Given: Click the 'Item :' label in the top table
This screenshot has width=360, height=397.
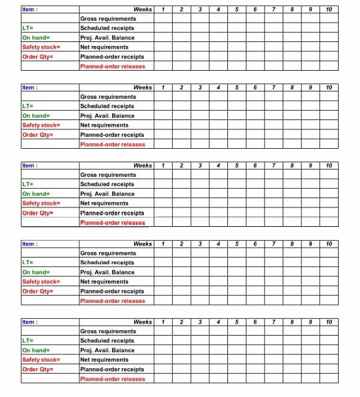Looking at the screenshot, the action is (30, 9).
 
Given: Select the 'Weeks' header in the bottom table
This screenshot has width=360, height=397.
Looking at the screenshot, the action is (143, 322).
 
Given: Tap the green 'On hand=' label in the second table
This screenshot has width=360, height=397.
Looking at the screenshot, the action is (36, 116).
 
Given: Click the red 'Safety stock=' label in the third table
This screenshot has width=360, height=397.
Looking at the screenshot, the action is (41, 204).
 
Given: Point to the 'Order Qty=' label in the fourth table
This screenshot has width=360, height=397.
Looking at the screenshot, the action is (37, 292).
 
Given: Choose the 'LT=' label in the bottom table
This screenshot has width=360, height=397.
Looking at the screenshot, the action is (28, 341).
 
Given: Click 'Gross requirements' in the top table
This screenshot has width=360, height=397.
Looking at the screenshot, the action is (108, 19).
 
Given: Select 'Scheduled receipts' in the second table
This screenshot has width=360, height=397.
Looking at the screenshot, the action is (107, 106).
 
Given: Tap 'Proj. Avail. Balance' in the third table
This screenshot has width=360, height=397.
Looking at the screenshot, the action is (107, 194).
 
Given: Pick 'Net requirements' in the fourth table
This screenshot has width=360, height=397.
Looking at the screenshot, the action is (105, 282).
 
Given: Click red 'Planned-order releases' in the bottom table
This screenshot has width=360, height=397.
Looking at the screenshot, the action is (113, 379).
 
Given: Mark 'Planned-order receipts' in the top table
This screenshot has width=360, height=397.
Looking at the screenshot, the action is (112, 57).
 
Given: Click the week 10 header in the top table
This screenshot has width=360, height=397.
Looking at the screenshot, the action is (329, 9).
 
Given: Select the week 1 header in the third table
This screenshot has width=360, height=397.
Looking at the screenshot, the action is (163, 165).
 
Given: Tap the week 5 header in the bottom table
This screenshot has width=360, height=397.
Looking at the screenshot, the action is (237, 322).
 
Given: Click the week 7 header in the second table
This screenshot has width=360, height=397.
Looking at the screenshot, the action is (274, 87).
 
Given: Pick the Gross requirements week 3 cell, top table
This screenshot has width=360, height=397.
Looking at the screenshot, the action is (200, 19).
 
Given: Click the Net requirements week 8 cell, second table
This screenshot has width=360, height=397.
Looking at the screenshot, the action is (292, 125).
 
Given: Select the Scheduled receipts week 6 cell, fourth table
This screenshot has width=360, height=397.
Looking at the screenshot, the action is (255, 263).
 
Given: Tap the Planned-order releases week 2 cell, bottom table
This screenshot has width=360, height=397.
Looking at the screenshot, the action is (181, 379).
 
